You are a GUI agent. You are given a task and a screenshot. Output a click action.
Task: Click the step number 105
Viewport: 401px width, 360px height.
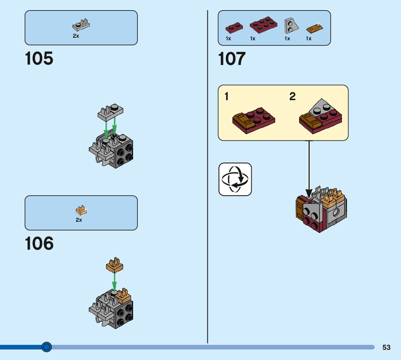pos(39,59)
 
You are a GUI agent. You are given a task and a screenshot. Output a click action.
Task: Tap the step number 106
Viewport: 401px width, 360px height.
pos(39,244)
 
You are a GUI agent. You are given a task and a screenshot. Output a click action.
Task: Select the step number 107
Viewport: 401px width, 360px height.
pos(232,59)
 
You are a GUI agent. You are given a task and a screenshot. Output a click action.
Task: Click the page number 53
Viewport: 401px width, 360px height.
pos(386,347)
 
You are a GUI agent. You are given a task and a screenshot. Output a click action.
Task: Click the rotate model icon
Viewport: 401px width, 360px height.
pos(235,179)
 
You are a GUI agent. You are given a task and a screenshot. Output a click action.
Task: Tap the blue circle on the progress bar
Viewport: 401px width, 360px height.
pos(46,347)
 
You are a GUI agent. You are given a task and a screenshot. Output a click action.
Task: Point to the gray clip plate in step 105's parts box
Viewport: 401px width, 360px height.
pos(81,25)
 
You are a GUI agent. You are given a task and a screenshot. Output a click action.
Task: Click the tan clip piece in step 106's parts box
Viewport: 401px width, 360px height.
pos(81,210)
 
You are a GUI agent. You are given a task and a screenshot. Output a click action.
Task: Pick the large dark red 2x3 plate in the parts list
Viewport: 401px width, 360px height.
pos(263,25)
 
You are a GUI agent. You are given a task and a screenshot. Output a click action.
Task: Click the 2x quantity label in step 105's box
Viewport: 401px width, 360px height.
pos(76,36)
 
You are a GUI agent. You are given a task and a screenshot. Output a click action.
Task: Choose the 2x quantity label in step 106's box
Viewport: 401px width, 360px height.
pos(79,220)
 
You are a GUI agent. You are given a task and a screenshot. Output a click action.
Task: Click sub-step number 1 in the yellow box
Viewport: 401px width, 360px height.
pos(227,97)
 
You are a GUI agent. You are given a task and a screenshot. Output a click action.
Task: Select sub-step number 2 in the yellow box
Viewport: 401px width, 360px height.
pos(292,97)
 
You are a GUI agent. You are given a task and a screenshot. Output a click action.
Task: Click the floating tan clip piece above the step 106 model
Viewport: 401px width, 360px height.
pos(114,265)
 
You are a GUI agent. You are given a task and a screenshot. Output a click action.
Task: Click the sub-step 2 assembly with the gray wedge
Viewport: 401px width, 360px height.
pos(321,115)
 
